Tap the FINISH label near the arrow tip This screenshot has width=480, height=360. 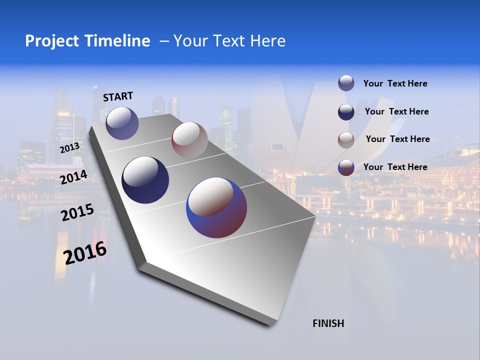click(x=328, y=323)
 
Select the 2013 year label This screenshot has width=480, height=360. click(x=69, y=147)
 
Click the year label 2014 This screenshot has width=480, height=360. click(x=73, y=177)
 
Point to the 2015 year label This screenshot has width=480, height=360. click(x=77, y=212)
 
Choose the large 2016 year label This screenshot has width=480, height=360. click(x=85, y=252)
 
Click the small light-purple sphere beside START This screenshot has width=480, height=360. click(x=122, y=123)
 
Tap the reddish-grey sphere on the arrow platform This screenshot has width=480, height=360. click(x=189, y=139)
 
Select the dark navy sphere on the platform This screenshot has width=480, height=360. click(x=145, y=180)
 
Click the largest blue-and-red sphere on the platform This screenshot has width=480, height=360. click(x=216, y=207)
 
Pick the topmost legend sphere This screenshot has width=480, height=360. click(x=346, y=83)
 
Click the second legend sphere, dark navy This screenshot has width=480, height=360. click(x=346, y=112)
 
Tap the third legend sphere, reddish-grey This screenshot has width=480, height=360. click(x=346, y=140)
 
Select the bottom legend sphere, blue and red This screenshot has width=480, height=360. click(x=346, y=167)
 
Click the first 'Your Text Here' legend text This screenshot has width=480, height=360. click(x=395, y=83)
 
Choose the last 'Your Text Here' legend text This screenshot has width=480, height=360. click(x=395, y=167)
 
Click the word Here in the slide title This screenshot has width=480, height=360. click(x=267, y=41)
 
